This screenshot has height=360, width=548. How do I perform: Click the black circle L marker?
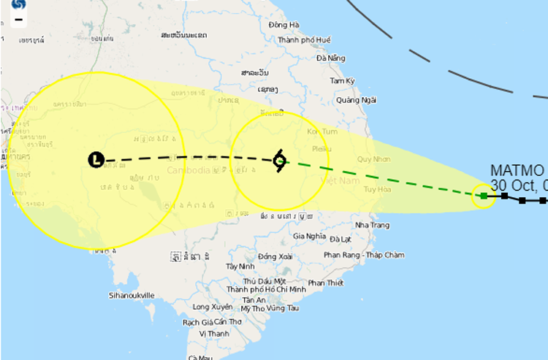point(96,159)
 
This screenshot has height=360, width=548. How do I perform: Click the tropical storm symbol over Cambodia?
point(279,161)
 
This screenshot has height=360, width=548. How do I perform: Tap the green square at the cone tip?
point(484,195)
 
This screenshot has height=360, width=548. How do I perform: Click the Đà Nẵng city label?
point(331,58)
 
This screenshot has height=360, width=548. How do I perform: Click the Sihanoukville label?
point(132,295)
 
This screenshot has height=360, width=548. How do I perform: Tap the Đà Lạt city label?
point(340,239)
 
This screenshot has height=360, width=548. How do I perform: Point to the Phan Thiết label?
point(326,283)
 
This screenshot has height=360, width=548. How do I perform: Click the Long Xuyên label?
point(213,307)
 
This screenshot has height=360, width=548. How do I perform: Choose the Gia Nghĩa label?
point(308,236)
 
